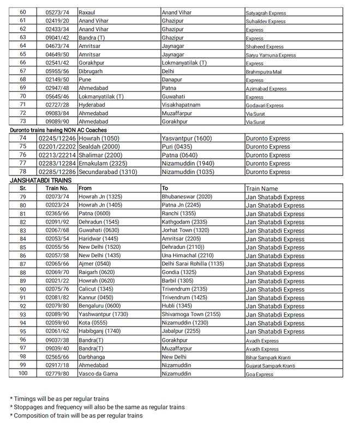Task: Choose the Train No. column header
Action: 56,188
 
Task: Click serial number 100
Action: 22,373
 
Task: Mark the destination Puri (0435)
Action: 179,147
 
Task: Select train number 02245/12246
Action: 57,138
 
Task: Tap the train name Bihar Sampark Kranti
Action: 272,357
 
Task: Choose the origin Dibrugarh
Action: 92,71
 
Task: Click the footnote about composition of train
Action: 76,415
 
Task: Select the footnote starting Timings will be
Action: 60,399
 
